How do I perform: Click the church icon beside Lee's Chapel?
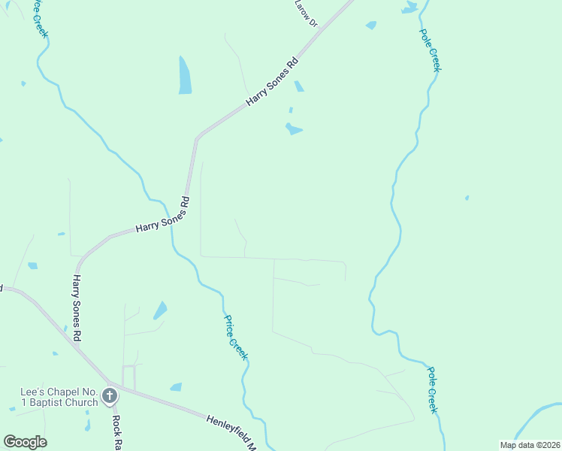tap(110, 395)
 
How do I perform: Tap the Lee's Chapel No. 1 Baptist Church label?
tap(59, 397)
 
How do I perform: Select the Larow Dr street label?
tap(307, 14)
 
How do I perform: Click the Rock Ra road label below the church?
tap(116, 432)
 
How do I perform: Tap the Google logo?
tap(25, 442)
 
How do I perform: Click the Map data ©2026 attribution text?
tap(529, 445)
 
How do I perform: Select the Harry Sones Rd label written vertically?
tap(76, 308)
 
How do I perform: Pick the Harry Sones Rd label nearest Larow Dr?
tap(273, 82)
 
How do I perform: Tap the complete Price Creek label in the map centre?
tap(235, 336)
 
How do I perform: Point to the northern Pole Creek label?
tap(430, 50)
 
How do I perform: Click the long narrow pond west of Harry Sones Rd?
tap(185, 75)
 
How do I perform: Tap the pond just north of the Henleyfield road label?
tap(176, 387)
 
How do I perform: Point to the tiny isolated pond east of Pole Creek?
tap(467, 198)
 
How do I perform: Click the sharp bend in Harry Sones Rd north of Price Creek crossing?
tap(197, 138)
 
